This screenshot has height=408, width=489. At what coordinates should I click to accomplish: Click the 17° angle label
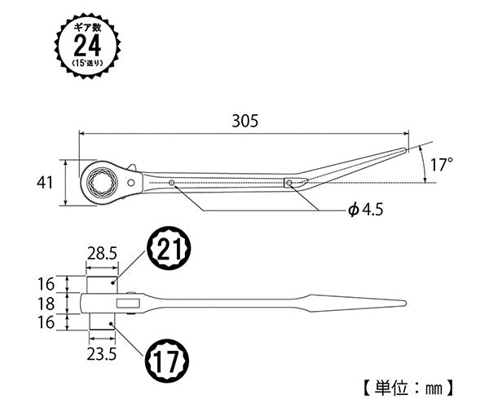(x=441, y=165)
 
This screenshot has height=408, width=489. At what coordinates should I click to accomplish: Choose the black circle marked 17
(x=168, y=358)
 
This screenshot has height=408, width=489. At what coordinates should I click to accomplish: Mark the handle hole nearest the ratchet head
(x=172, y=183)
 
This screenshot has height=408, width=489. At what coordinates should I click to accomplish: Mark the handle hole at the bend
(x=289, y=183)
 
